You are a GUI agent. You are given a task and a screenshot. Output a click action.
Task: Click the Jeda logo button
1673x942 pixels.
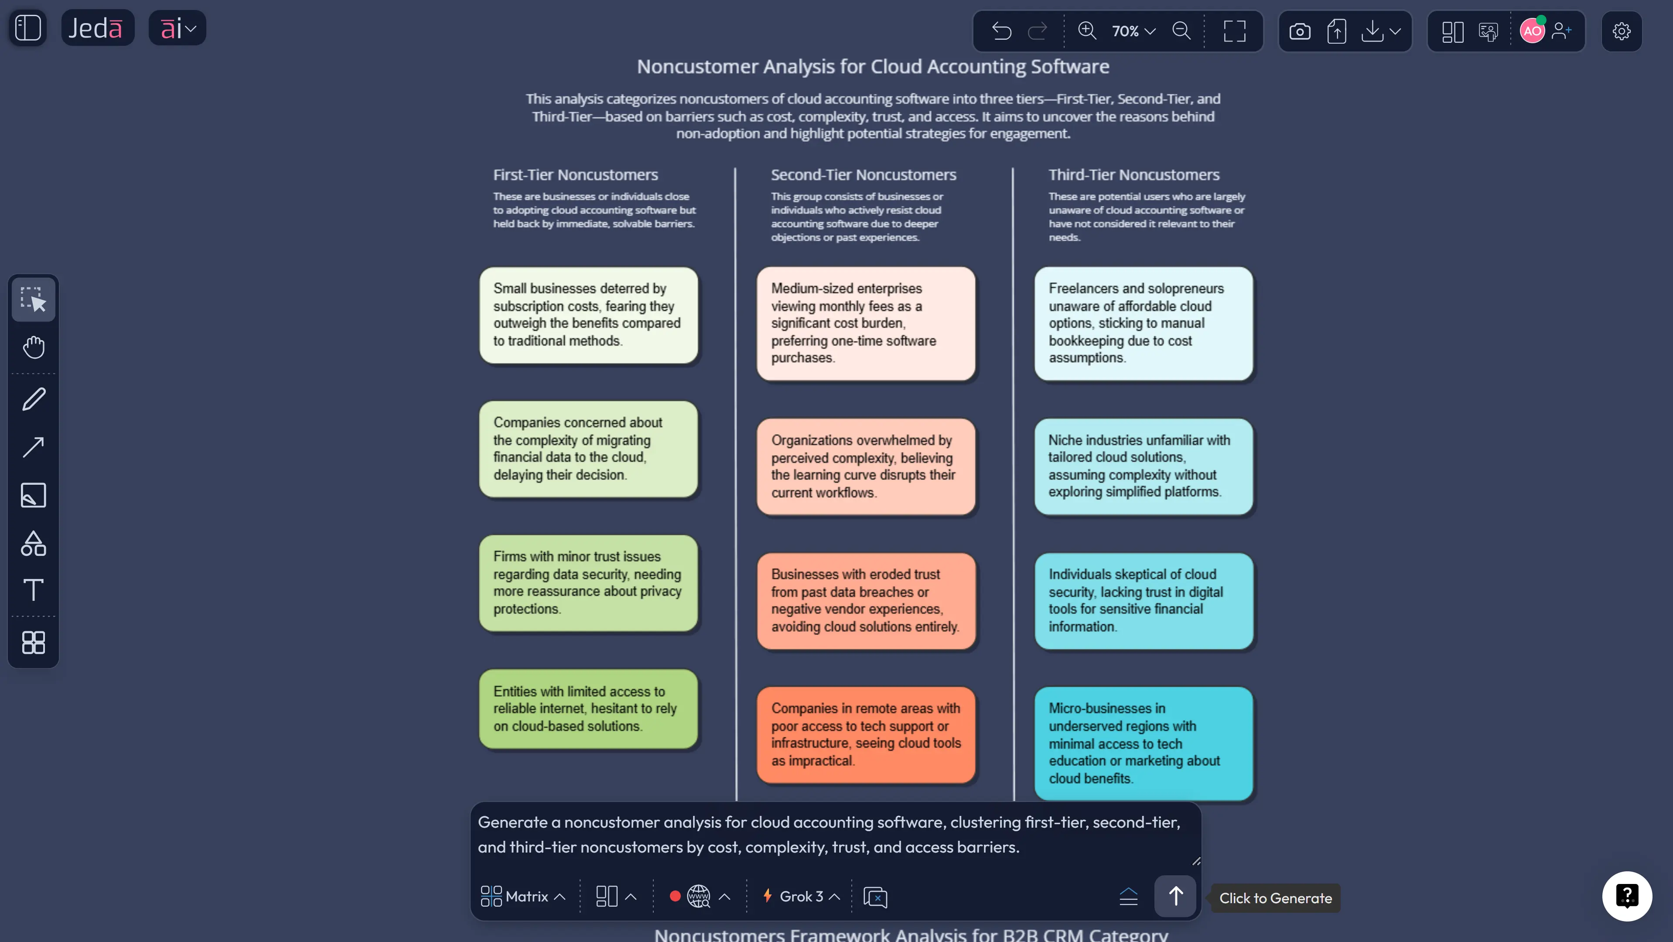click(x=97, y=28)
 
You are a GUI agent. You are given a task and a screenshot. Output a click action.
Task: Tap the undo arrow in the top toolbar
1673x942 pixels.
click(x=1001, y=31)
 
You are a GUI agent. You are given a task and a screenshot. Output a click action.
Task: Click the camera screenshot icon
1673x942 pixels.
click(x=1300, y=31)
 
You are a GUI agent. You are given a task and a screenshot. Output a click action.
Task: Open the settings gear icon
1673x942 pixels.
click(x=1621, y=31)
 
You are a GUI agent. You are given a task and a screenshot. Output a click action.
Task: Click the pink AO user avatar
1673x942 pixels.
click(x=1532, y=31)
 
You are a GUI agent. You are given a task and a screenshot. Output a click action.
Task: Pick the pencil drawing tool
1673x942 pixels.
click(x=34, y=399)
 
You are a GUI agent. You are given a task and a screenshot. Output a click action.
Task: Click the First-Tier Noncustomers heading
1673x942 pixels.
click(x=575, y=175)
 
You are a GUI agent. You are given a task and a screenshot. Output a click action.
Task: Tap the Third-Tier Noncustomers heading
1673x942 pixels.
click(x=1134, y=175)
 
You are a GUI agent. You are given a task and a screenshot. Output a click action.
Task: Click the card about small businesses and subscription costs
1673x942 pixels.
click(x=588, y=315)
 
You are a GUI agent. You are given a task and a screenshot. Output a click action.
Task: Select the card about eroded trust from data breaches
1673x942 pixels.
click(x=866, y=601)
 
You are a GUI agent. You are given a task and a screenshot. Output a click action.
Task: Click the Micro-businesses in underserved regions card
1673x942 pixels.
click(x=1144, y=743)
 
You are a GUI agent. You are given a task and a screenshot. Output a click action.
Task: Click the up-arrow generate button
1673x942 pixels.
click(x=1175, y=897)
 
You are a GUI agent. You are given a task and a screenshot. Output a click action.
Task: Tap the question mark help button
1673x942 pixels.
click(x=1627, y=897)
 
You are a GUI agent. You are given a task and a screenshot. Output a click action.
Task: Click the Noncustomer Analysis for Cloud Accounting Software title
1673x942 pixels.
click(x=873, y=66)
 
